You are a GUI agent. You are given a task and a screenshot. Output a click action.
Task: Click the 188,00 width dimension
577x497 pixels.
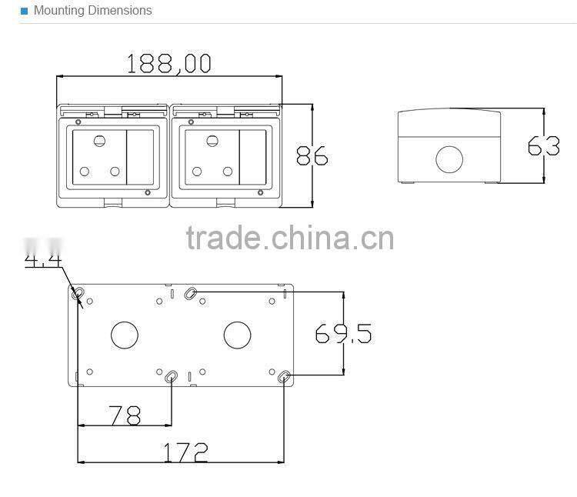[x=169, y=63]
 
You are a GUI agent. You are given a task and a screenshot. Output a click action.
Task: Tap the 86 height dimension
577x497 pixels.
[x=312, y=156]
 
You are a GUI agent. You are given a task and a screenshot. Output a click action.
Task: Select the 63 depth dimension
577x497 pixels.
[x=543, y=145]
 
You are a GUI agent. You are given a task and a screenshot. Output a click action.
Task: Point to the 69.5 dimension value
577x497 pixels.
[x=343, y=334]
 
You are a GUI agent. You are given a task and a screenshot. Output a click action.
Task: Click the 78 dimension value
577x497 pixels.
[x=125, y=416]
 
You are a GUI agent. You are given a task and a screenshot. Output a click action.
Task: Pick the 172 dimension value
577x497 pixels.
[x=185, y=452]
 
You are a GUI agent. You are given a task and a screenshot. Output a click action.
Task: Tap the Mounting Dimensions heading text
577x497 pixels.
[x=93, y=11]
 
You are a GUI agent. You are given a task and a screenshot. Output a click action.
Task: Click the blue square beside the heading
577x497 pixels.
[x=24, y=11]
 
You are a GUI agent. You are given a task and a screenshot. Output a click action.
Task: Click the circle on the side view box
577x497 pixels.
[x=449, y=159]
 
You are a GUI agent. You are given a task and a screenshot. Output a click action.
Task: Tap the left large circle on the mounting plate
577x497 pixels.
[x=124, y=335]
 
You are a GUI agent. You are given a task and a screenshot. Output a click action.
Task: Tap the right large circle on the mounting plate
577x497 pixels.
[x=237, y=335]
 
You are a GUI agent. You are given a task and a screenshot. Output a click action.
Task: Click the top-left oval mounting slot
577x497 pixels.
[x=78, y=293]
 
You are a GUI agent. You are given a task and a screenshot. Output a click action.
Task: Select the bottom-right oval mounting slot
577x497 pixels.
[x=285, y=377]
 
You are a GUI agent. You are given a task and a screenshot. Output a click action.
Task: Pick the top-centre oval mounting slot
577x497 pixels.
[x=192, y=292]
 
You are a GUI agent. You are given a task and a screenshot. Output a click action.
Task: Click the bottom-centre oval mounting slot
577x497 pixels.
[x=172, y=377]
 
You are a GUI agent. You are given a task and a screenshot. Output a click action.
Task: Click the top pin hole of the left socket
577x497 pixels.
[x=99, y=141]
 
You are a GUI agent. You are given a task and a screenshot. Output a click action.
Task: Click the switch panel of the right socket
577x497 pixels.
[x=253, y=158]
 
